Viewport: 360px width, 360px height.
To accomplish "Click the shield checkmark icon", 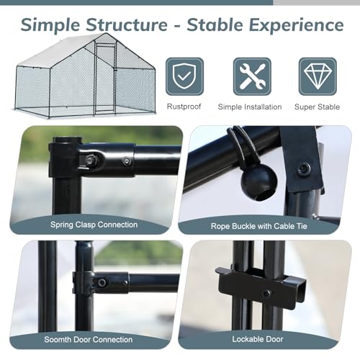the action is (184, 76).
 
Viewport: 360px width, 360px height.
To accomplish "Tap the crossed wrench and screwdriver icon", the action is (252, 76).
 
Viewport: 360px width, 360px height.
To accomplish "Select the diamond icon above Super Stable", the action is (318, 76).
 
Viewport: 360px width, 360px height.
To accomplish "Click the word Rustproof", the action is (184, 107).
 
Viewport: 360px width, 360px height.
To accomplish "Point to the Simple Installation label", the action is (250, 107).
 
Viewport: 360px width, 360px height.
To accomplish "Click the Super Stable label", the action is (317, 107).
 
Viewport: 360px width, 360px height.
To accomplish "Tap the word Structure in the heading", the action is (127, 24).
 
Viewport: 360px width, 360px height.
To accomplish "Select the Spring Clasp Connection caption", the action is (94, 225).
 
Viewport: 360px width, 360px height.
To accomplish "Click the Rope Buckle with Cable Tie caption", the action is (259, 226).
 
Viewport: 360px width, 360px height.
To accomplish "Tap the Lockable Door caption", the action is (258, 339).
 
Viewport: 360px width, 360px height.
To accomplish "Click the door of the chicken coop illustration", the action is (105, 78).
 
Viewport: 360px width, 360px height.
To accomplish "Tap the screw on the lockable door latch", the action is (266, 293).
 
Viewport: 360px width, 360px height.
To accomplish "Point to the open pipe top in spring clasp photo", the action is (68, 140).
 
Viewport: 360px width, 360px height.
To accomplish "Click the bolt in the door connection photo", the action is (102, 282).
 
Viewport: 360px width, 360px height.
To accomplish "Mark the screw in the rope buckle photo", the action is (305, 169).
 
